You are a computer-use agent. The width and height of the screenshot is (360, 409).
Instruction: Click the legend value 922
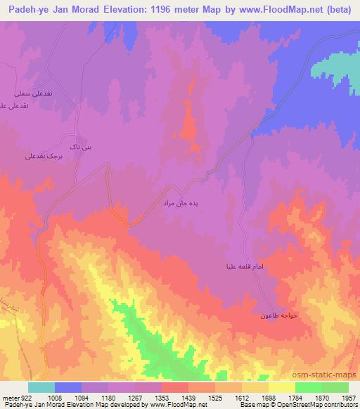click(27, 398)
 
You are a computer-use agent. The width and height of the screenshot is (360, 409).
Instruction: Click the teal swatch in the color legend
click(41, 387)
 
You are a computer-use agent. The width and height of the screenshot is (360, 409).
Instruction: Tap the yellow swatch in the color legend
click(282, 387)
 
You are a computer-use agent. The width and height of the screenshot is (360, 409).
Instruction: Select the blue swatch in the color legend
click(68, 387)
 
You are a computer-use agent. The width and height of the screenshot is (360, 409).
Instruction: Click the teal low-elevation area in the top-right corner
click(341, 67)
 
